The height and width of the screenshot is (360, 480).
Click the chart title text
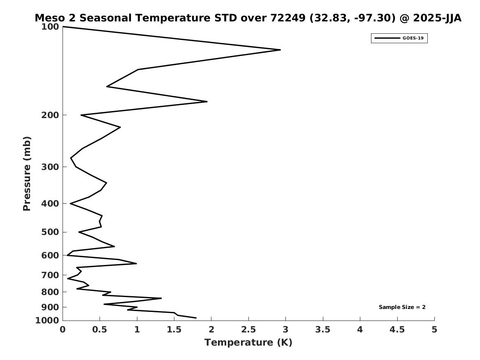pos(248,18)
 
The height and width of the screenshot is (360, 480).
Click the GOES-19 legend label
pos(413,38)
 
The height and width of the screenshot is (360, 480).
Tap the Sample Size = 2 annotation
pos(402,307)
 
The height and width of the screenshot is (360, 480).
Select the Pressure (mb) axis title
pos(27,174)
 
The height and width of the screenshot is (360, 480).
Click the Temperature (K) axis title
pos(248,342)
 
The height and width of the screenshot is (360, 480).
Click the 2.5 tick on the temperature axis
pos(248,330)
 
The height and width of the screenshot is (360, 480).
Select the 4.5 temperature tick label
pos(397,330)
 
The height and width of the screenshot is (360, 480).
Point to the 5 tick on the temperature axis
pos(434,330)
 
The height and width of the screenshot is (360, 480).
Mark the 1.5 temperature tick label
pos(174,330)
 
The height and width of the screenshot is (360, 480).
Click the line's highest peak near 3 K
pos(280,50)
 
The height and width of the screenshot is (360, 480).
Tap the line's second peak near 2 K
pos(207,101)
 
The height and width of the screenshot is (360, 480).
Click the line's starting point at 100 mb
pos(63,27)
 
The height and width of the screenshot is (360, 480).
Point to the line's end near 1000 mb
pos(196,318)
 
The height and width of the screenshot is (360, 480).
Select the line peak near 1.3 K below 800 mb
pos(161,298)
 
